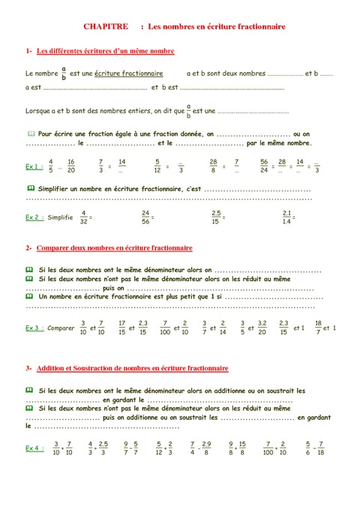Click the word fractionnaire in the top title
coord(253,25)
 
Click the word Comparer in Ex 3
coord(60,328)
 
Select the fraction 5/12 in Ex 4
coord(159,448)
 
